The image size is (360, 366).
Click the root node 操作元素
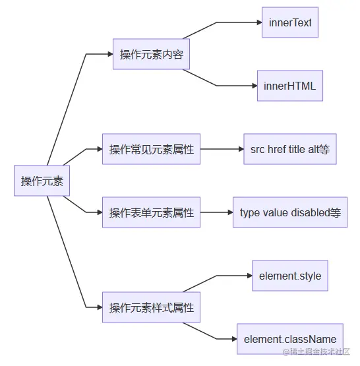(x=42, y=181)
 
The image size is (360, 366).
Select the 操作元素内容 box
(x=151, y=54)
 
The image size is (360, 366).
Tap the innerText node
(x=290, y=23)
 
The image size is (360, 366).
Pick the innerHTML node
(x=289, y=86)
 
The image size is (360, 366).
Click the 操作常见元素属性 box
(x=151, y=149)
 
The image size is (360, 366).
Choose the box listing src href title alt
(x=289, y=149)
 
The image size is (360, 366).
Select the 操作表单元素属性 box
(x=151, y=212)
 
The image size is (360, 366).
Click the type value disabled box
(x=289, y=212)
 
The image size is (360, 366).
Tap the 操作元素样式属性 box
(x=151, y=307)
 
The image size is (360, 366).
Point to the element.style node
(x=289, y=276)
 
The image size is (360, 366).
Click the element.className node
(x=289, y=339)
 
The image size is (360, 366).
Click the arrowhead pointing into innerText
(x=258, y=23)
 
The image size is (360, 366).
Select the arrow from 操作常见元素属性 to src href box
(x=221, y=149)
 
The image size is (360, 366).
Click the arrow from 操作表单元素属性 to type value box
(x=216, y=212)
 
